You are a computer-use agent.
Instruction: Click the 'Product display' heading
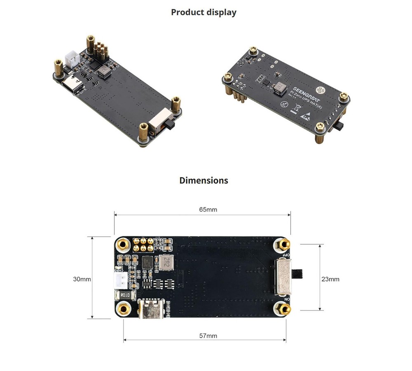[x=204, y=12]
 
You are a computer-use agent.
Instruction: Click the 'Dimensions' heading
[x=204, y=180]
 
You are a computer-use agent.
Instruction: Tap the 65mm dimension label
[x=208, y=210]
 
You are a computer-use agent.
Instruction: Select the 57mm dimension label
[x=208, y=336]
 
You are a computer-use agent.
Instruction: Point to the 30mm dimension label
[x=82, y=279]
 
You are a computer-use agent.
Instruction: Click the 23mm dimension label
[x=330, y=279]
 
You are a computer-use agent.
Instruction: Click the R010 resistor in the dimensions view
[x=125, y=295]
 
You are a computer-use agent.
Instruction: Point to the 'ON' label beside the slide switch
[x=287, y=299]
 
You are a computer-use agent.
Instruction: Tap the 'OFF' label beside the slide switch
[x=288, y=255]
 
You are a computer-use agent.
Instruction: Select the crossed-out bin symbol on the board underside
[x=295, y=109]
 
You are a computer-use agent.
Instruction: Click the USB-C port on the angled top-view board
[x=72, y=86]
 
